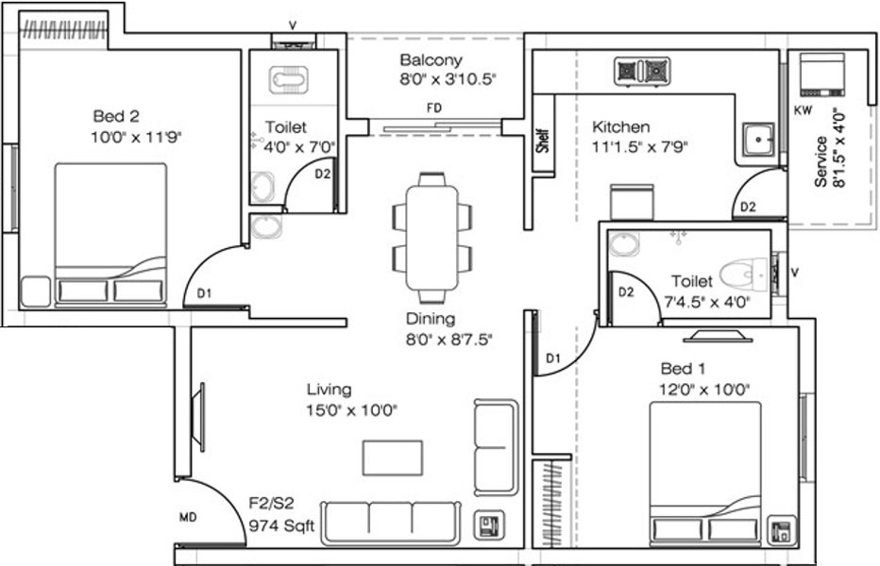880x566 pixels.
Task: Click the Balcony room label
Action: (431, 59)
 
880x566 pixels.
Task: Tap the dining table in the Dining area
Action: (432, 237)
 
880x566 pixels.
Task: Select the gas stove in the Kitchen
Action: (642, 72)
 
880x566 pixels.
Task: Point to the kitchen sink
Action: (759, 140)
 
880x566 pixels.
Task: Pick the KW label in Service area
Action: (803, 110)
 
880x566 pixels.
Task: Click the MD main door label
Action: (188, 517)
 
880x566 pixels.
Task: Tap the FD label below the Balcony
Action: (433, 108)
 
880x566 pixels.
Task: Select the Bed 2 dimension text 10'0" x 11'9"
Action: (136, 137)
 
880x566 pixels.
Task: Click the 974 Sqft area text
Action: (281, 526)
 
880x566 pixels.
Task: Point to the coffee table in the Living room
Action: (392, 458)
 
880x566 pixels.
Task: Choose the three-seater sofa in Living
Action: (391, 524)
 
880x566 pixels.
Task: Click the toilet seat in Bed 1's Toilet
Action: (744, 275)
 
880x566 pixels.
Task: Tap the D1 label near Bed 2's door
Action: (204, 292)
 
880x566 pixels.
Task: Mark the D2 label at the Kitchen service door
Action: (748, 207)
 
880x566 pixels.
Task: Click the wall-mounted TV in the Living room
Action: (197, 416)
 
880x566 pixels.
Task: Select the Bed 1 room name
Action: (683, 369)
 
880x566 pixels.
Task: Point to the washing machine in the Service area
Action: (822, 75)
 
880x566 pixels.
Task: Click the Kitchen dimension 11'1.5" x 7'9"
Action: (640, 147)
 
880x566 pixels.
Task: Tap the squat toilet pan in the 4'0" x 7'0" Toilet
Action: (289, 79)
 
